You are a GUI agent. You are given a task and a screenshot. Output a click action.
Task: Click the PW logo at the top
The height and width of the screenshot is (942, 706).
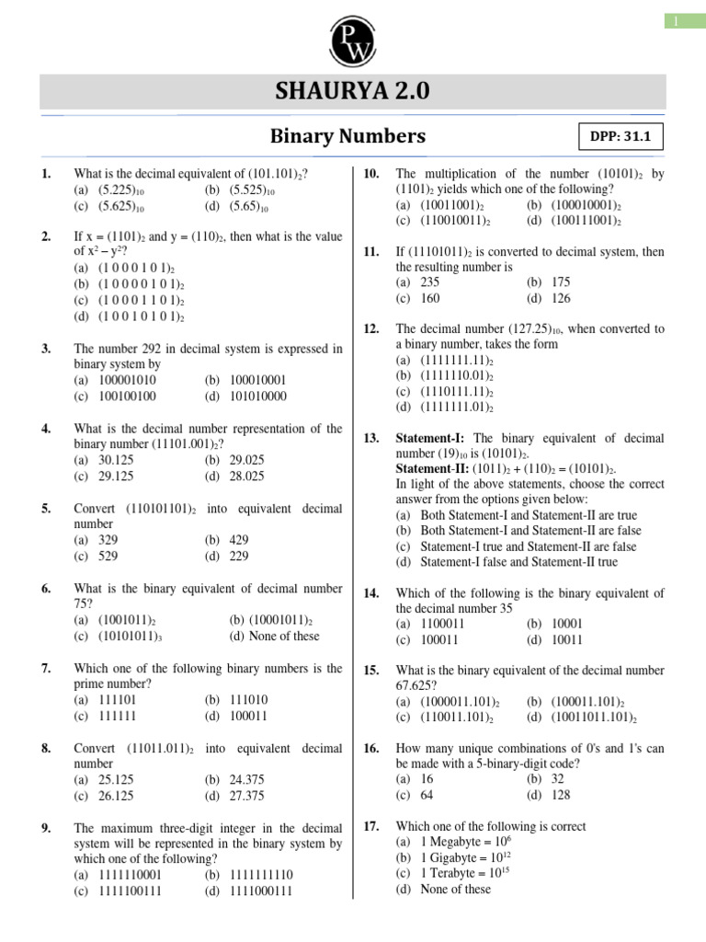[352, 35]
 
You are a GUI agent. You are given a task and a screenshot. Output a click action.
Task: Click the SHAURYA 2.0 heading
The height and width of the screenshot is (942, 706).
[352, 93]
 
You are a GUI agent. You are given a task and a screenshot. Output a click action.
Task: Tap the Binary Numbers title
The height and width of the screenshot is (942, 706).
[347, 136]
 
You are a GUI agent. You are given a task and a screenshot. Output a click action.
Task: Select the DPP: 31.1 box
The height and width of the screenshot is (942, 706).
[620, 138]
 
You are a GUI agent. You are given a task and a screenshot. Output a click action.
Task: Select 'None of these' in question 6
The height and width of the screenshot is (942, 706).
[275, 636]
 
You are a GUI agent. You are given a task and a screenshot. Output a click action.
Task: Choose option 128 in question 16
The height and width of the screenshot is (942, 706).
[562, 795]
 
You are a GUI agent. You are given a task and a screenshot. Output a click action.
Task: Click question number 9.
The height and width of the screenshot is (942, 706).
[45, 828]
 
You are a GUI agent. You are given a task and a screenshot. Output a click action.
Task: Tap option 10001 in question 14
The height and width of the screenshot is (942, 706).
[567, 623]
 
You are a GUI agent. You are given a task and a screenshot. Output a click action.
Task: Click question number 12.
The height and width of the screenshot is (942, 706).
[371, 328]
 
